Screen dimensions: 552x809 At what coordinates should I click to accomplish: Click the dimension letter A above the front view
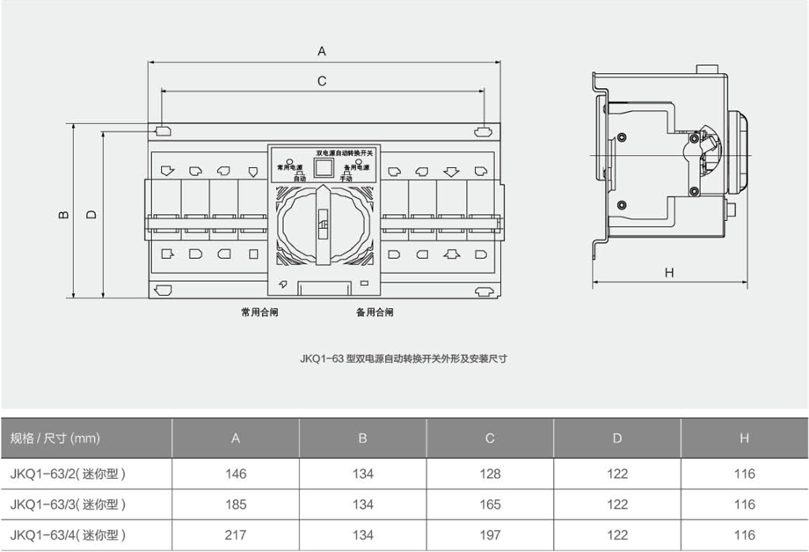click(x=322, y=51)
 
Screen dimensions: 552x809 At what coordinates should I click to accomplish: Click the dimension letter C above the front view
click(x=322, y=81)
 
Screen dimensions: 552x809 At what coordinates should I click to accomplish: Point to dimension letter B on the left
click(x=63, y=213)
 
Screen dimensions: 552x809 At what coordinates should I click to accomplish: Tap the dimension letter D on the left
click(x=91, y=213)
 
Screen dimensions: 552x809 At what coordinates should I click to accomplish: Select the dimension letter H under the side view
click(x=669, y=272)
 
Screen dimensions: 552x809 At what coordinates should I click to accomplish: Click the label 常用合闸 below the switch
click(x=259, y=312)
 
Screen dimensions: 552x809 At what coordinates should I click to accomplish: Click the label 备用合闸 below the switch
click(x=375, y=312)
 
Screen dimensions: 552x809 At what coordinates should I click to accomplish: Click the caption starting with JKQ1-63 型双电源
click(x=404, y=358)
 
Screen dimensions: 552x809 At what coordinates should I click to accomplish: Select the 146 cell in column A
click(x=236, y=474)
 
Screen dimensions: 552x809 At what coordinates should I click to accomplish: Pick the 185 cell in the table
click(x=236, y=504)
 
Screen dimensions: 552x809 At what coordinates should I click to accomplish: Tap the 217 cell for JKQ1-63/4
click(x=236, y=534)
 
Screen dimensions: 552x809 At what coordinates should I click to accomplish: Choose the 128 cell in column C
click(x=490, y=474)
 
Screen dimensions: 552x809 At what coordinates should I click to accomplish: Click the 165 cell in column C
click(x=490, y=504)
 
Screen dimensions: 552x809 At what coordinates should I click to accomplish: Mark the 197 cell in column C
click(x=490, y=534)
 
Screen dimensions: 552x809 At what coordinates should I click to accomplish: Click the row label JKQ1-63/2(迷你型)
click(x=69, y=474)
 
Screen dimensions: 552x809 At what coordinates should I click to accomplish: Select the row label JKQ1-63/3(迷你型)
click(x=69, y=504)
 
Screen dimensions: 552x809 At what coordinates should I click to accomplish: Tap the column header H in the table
click(x=744, y=438)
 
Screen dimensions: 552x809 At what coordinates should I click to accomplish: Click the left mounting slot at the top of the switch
click(x=164, y=132)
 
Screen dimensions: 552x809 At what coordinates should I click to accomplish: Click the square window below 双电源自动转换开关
click(x=323, y=167)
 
